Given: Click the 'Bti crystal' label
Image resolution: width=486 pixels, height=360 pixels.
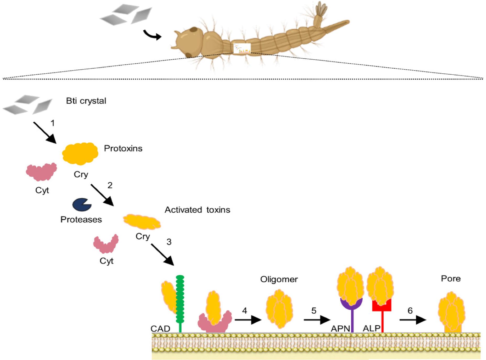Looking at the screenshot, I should point(86,101).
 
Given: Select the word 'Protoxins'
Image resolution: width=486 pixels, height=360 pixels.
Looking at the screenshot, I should point(123,148).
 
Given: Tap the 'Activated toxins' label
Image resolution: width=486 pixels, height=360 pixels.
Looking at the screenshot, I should point(197,210).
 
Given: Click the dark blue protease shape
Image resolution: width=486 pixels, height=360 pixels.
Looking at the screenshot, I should point(81,204).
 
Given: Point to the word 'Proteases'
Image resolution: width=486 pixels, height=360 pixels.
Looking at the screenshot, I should point(81,219).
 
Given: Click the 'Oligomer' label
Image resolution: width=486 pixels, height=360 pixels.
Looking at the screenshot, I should point(279,279).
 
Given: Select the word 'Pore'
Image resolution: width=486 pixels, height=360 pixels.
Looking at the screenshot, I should point(450,278).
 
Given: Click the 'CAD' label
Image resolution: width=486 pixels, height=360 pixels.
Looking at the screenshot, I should point(160,329).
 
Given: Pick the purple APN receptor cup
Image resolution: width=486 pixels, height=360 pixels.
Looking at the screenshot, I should point(351,304).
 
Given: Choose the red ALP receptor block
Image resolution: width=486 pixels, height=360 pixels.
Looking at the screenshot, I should point(382,306).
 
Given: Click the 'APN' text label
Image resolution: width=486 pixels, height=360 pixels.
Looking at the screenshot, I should point(340,329).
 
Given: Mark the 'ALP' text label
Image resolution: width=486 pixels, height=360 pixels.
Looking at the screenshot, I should point(371,328).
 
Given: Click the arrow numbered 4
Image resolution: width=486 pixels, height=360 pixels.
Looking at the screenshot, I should point(248,320).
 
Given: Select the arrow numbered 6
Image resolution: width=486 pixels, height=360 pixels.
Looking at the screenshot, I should point(413,320).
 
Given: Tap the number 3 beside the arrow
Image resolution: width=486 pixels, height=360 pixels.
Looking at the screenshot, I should point(169,242).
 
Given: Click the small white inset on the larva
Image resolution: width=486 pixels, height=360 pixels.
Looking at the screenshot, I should point(242,48).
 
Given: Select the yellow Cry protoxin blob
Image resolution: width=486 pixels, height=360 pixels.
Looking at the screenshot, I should point(80,153).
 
